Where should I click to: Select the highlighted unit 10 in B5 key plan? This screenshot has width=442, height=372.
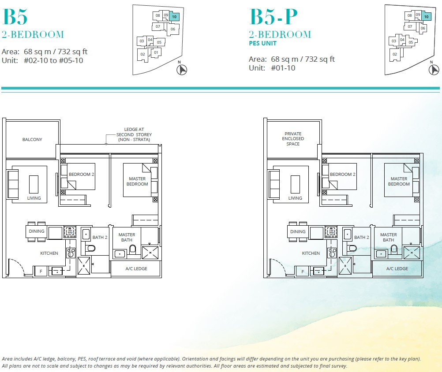click(174, 16)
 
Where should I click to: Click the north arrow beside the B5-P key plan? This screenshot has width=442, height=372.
click(434, 70)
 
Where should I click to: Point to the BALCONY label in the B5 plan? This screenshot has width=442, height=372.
click(32, 140)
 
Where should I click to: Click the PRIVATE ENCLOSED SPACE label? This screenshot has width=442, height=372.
click(293, 139)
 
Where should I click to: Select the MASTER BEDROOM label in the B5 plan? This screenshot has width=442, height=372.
click(137, 181)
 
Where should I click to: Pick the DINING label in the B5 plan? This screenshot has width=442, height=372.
click(37, 231)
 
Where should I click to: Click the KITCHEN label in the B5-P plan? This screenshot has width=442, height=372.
click(311, 253)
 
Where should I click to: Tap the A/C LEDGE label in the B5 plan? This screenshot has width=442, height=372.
click(136, 268)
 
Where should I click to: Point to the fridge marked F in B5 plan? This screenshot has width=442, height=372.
click(41, 272)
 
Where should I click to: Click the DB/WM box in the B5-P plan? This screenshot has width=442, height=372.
click(331, 231)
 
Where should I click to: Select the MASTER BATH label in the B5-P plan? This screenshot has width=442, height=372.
click(388, 238)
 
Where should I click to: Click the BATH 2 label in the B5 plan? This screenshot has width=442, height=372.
click(100, 238)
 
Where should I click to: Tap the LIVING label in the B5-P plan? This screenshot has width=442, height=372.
click(295, 198)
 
